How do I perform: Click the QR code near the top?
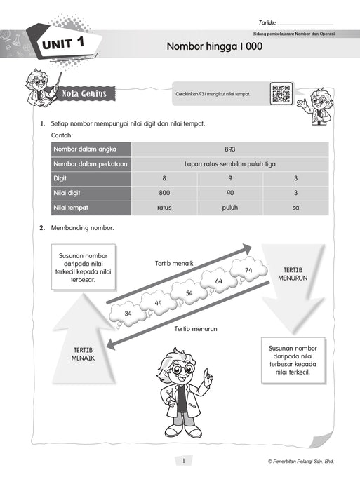[x=281, y=94]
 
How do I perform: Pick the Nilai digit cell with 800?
[x=164, y=193]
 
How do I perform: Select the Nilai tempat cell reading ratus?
[x=164, y=208]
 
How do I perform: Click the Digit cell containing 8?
[x=164, y=178]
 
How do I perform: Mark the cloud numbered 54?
[x=189, y=292]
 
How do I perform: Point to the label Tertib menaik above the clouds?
[x=173, y=263]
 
